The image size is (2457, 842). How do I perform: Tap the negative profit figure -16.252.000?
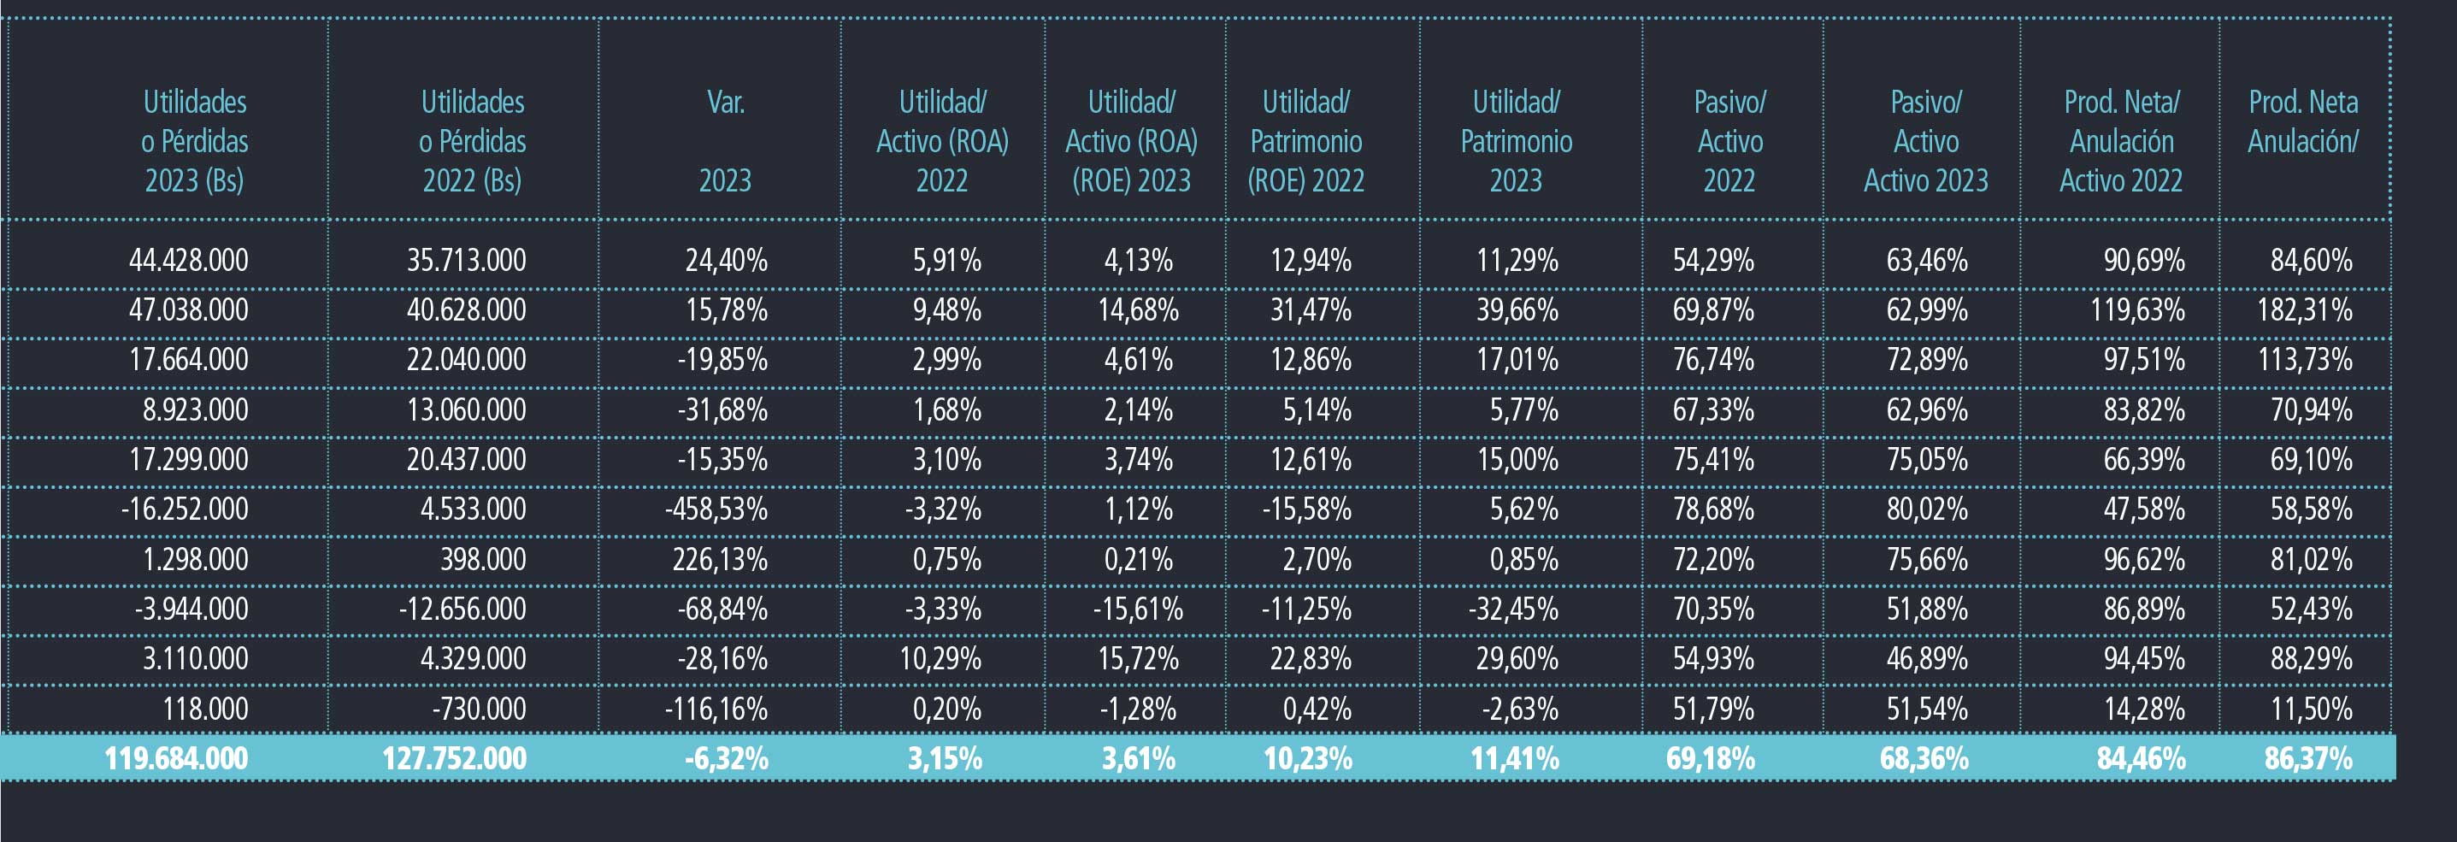point(184,509)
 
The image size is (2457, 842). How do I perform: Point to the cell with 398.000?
point(483,559)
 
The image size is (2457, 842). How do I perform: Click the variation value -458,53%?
point(716,509)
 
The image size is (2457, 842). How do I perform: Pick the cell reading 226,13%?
point(720,559)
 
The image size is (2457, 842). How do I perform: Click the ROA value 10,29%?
point(940,659)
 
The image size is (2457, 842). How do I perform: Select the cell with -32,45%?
point(1514,609)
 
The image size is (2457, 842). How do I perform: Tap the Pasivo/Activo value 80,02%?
point(1927,509)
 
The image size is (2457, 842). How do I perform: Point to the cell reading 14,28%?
point(2144,710)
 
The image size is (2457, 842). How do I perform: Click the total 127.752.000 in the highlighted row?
point(454,759)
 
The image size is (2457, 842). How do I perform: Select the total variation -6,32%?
point(727,759)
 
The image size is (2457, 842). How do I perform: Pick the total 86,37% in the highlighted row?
point(2308,759)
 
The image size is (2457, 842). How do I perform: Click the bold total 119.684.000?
point(176,759)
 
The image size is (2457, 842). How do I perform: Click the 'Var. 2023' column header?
point(726,141)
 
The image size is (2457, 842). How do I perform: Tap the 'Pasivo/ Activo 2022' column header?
point(1730,141)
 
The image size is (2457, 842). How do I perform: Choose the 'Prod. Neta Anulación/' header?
point(2303,121)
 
